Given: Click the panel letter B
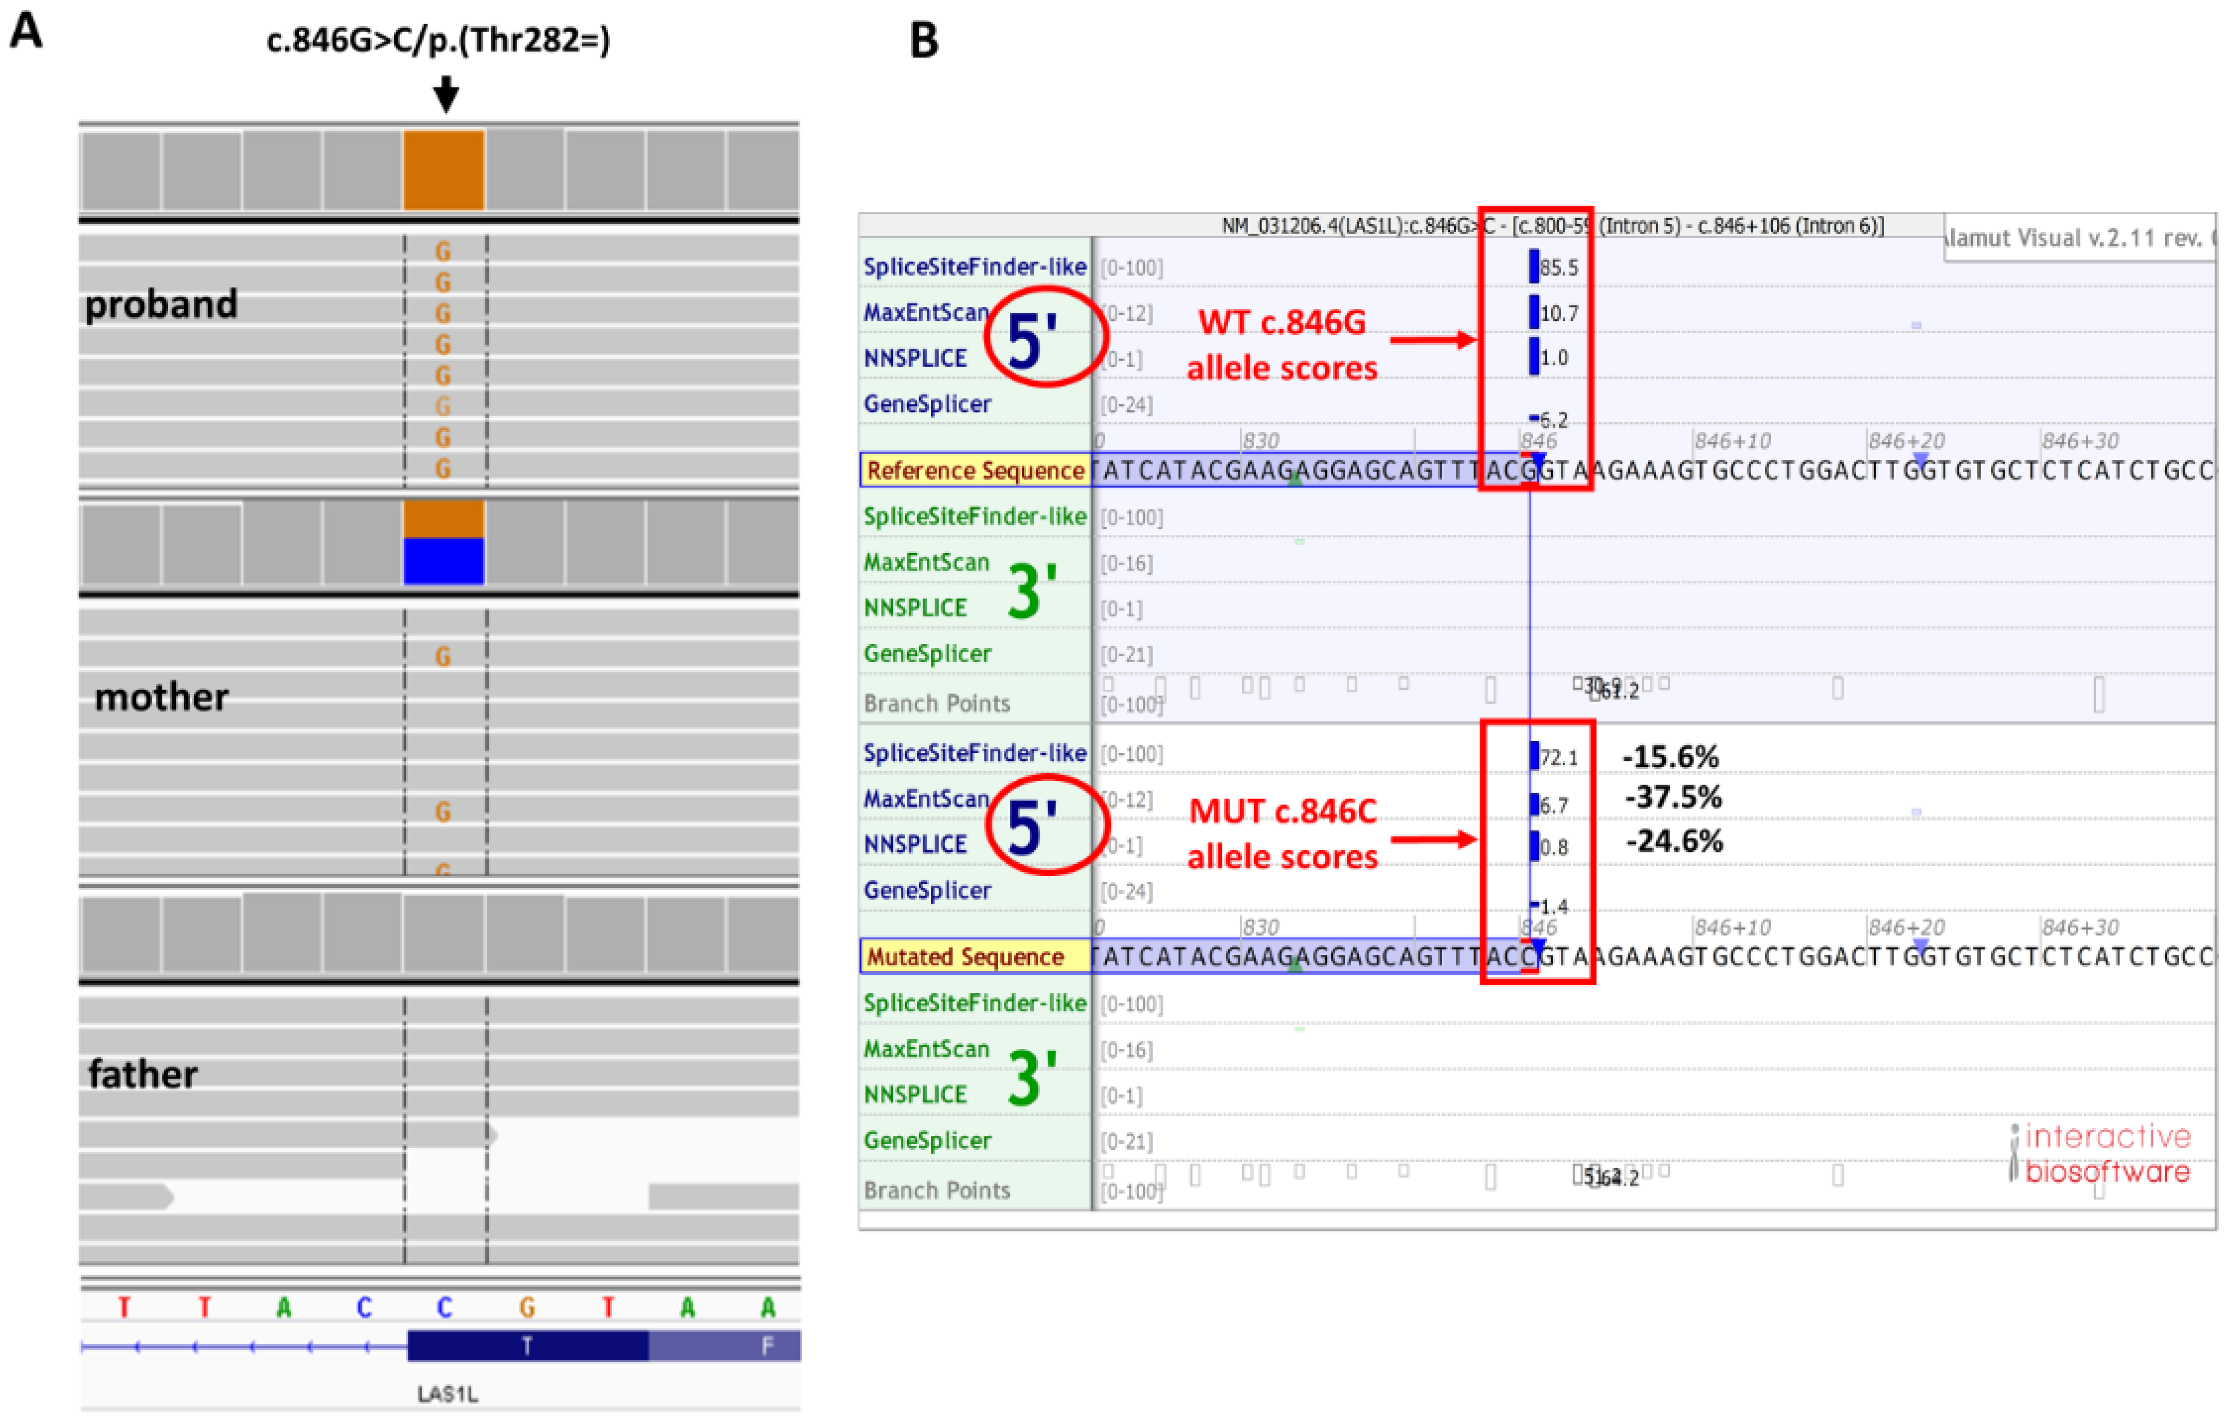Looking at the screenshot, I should coord(924,41).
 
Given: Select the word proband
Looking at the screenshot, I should coord(161,304).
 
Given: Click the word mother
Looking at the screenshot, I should coord(161,697).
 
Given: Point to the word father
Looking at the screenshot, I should coord(143,1074).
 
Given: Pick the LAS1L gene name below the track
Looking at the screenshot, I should coord(447,1394).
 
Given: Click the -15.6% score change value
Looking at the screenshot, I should coord(1670,757).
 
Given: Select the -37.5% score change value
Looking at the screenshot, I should coord(1673,796).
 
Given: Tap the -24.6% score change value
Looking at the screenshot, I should coord(1674,841).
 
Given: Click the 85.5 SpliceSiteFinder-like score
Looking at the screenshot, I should coord(1558,268).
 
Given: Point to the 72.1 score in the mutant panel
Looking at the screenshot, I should coord(1558,758).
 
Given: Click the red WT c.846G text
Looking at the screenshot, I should coord(1282,322).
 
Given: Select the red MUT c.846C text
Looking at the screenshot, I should coord(1282,811).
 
